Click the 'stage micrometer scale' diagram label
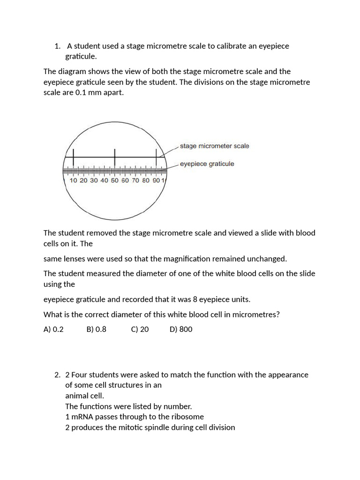coord(214,146)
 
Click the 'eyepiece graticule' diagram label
coord(207,164)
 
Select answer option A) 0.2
coord(53,329)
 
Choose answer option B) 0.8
coord(96,329)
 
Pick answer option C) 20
coord(140,329)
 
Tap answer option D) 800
coord(181,329)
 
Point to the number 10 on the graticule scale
coord(74,180)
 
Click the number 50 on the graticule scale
coord(114,180)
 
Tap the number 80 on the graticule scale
coord(146,180)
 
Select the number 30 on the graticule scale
coord(94,180)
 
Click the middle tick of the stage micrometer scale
coord(115,157)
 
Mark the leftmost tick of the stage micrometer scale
coord(74,157)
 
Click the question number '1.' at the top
coord(57,46)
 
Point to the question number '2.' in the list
coord(57,375)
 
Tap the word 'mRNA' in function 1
coord(82,416)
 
